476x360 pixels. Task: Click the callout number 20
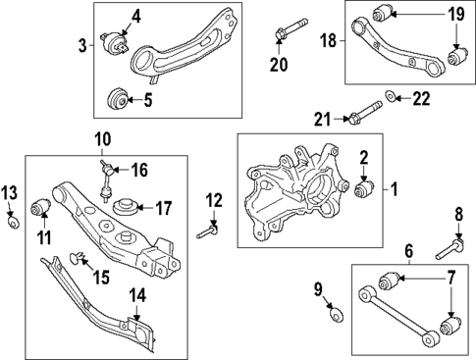click(x=280, y=65)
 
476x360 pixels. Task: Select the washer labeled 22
click(x=392, y=96)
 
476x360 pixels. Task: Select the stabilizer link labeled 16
click(x=105, y=182)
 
